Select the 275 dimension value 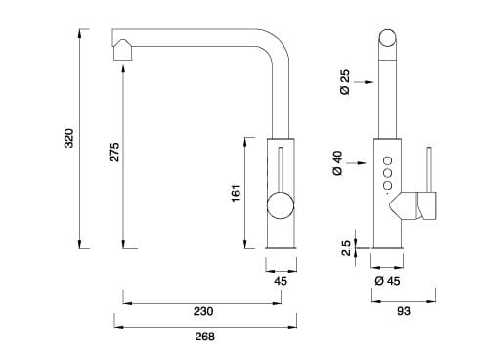[x=114, y=152]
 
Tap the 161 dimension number [x=236, y=194]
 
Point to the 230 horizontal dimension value [x=202, y=312]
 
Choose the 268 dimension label [x=202, y=337]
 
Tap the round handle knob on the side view [x=281, y=206]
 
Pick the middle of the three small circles [x=387, y=173]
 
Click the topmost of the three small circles [x=387, y=161]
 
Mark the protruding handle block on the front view [x=424, y=206]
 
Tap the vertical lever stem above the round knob [x=281, y=168]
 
